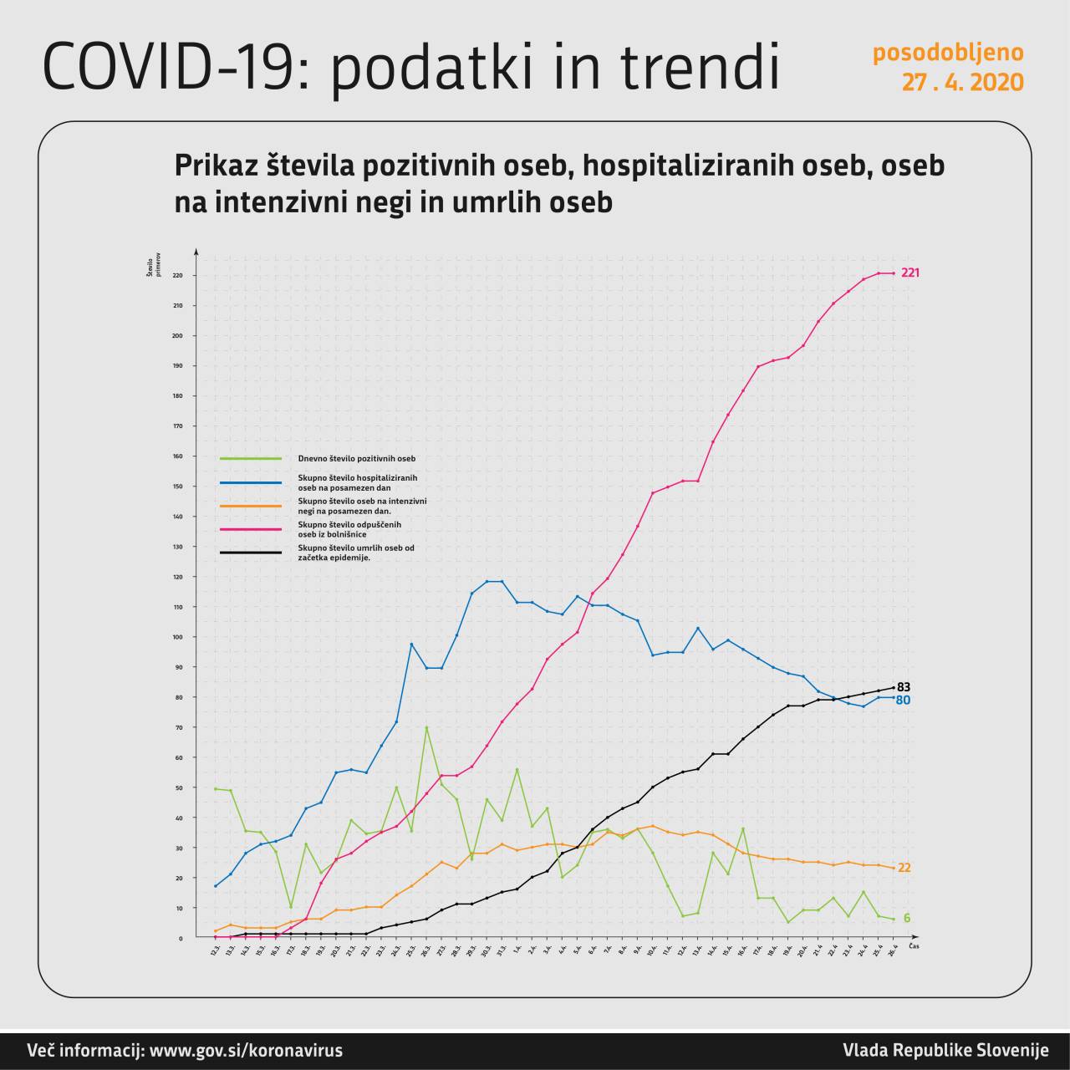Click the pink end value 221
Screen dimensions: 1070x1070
point(910,273)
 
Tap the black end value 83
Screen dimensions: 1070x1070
point(904,687)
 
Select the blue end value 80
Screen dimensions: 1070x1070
point(903,701)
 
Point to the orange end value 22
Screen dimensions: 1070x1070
point(904,869)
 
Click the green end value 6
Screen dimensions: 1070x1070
point(907,919)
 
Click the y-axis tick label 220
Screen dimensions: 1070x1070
point(177,276)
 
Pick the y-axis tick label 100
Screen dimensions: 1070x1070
point(177,637)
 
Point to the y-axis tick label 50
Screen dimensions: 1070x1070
point(179,787)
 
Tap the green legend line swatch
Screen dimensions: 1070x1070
point(251,458)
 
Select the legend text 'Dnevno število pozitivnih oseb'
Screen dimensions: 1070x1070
point(357,458)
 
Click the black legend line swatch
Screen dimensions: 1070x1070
point(251,553)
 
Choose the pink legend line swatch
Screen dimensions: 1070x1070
point(251,529)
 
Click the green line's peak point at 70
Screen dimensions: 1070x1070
point(426,727)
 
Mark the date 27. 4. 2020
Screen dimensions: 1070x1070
point(962,83)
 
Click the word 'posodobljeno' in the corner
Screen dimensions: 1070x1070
point(948,53)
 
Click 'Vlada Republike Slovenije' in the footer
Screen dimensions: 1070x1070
point(945,1051)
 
